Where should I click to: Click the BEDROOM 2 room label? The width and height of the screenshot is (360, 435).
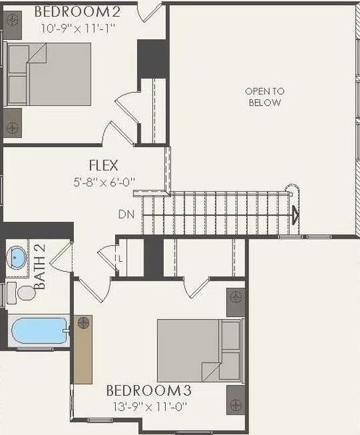(78, 12)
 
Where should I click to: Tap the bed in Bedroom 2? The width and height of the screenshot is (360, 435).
(49, 75)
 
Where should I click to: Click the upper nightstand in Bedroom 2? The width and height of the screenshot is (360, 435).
(12, 24)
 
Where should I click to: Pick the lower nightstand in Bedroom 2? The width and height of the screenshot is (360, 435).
(12, 127)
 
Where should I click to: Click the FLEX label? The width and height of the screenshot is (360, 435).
(104, 165)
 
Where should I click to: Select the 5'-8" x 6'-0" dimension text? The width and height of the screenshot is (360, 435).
(103, 181)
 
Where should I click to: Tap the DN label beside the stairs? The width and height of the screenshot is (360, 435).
(125, 215)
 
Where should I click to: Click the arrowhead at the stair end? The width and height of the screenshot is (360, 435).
(295, 214)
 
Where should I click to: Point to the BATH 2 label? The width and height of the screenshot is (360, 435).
(40, 266)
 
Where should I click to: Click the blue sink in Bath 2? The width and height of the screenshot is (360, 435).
(16, 257)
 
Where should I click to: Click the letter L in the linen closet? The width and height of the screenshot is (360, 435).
(120, 257)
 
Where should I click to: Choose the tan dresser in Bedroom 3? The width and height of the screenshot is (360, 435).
(84, 349)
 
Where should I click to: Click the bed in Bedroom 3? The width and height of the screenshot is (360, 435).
(200, 350)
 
